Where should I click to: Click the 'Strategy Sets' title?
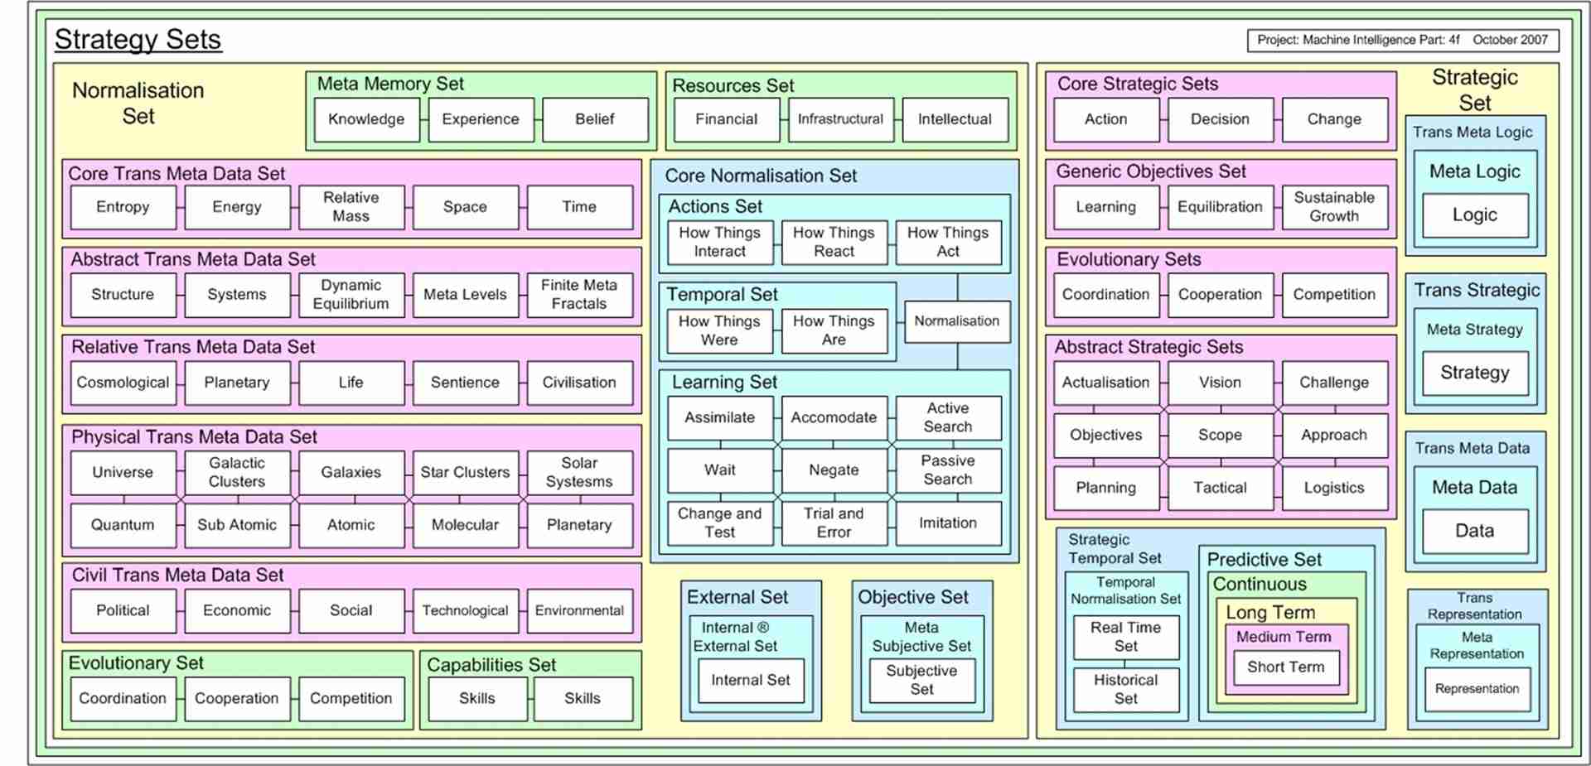point(138,40)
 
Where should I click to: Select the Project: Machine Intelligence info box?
point(1402,40)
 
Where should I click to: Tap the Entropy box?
point(123,207)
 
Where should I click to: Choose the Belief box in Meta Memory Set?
point(594,119)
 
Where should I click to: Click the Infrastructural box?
point(840,119)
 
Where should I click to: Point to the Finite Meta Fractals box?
point(579,295)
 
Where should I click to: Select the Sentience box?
point(465,383)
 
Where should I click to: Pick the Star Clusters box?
point(465,472)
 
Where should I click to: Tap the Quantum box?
point(123,525)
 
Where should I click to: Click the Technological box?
point(465,610)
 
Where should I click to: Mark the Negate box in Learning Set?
point(834,470)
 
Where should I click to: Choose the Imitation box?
point(948,523)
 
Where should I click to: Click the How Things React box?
point(834,242)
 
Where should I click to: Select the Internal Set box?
point(751,680)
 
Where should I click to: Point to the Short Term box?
point(1286,667)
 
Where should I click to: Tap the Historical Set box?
point(1125,689)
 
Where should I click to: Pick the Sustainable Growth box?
point(1334,207)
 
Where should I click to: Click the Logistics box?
point(1334,488)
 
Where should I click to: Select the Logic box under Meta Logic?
point(1475,215)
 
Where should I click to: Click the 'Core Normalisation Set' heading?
point(761,176)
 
